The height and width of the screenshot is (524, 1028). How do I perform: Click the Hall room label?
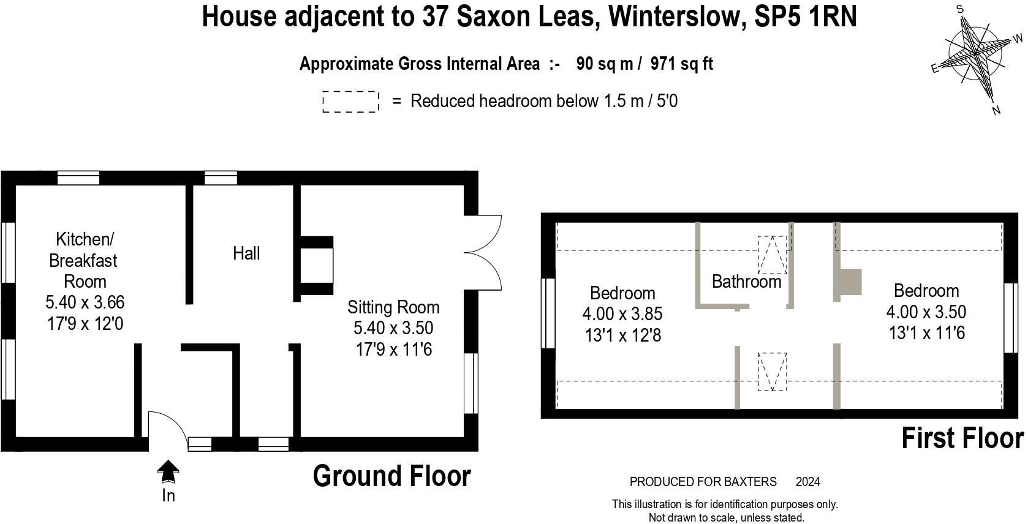point(246,253)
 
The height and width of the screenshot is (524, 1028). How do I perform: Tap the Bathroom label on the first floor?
point(746,282)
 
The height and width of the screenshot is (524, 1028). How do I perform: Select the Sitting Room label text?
point(393,307)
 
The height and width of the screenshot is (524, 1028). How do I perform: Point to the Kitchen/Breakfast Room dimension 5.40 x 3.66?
point(85,302)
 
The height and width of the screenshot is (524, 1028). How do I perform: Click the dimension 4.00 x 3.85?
point(622,314)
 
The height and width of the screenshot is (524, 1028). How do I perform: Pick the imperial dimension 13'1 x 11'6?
point(926,333)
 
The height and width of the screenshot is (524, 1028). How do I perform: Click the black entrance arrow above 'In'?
point(168,472)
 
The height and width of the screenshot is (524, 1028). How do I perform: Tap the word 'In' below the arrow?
point(168,495)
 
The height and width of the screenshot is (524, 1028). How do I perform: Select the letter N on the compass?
point(996,111)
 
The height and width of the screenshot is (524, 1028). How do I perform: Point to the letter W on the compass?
point(1018,39)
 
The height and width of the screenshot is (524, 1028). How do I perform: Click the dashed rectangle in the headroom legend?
point(350,102)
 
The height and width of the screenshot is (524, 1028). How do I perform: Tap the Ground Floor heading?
point(392,476)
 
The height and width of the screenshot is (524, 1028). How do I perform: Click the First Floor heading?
point(963,438)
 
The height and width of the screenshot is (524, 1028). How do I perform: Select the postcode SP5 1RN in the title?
point(805,17)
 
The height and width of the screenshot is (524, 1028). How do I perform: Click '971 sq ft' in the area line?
point(681,64)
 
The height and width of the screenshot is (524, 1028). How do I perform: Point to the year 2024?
point(807,482)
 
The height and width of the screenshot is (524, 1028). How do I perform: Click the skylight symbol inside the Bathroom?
point(773,255)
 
